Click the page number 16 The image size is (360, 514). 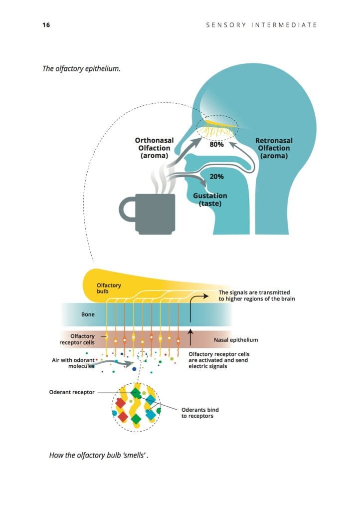coord(46,24)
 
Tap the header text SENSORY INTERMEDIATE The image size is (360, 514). coord(261,24)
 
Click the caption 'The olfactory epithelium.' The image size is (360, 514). coord(81,68)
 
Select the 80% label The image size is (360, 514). coord(216,145)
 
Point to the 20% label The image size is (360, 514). coord(216,177)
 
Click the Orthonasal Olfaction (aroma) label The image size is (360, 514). coord(155,148)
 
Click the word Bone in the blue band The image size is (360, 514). coord(88,315)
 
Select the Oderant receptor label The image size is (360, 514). coord(72,392)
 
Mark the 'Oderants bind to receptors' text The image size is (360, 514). coord(199,413)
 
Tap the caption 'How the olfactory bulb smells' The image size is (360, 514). coord(99,455)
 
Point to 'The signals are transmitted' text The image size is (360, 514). coord(254,292)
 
